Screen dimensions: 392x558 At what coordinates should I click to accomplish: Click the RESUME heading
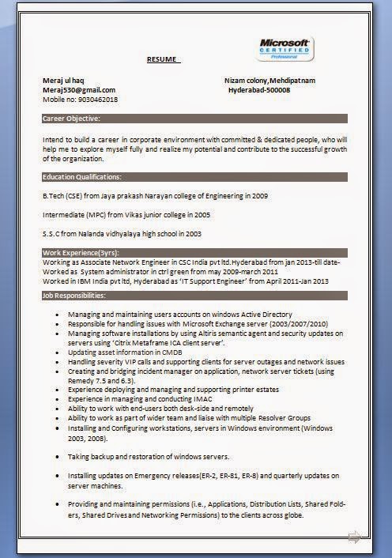(163, 60)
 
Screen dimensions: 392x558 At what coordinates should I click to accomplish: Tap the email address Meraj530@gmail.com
(79, 90)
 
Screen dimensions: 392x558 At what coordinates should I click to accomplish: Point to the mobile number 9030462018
(80, 100)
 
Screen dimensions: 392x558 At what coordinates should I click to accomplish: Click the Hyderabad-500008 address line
(258, 90)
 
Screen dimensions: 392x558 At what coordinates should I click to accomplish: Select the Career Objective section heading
(71, 118)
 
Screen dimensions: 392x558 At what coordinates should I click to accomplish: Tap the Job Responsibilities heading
(73, 295)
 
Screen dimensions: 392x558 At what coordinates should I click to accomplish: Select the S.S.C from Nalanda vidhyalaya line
(122, 234)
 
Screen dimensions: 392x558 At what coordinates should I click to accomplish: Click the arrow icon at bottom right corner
(353, 536)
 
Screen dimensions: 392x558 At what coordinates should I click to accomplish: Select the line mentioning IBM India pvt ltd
(186, 281)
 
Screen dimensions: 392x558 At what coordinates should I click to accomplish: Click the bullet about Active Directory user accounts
(179, 315)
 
